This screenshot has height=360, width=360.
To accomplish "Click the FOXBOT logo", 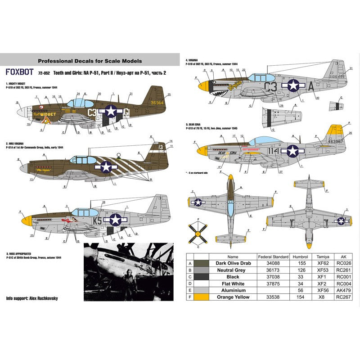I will [18, 71].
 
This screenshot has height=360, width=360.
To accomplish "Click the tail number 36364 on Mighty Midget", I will [157, 102].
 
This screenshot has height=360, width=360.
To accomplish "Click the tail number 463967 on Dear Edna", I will [337, 141].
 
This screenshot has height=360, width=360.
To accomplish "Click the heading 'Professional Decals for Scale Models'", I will [90, 60].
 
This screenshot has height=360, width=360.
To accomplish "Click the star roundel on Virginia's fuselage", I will [293, 85].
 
